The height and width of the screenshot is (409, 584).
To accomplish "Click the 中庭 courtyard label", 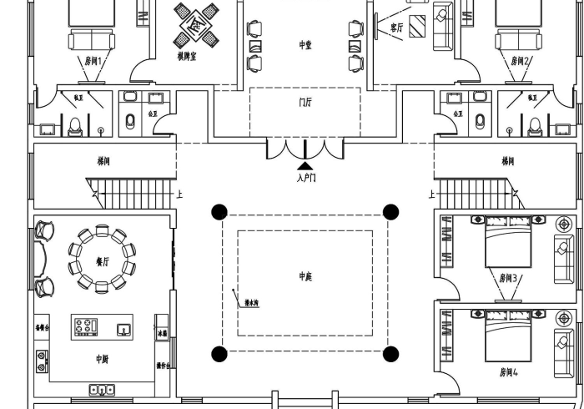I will (x=305, y=276).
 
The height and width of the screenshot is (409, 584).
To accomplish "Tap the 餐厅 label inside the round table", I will (x=102, y=261).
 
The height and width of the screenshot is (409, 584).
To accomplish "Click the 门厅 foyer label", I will (x=305, y=103).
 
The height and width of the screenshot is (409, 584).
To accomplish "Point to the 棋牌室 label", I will (x=186, y=57).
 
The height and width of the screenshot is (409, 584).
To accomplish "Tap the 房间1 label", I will (x=93, y=61).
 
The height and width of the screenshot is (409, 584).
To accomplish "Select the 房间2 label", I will (x=520, y=61).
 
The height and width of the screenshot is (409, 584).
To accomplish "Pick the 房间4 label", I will (x=508, y=371).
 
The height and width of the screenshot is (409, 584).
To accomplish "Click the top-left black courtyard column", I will (x=219, y=211).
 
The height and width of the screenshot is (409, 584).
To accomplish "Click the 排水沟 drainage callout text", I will (x=250, y=304).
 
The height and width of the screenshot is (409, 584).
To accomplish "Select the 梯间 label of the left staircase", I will (x=106, y=160).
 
